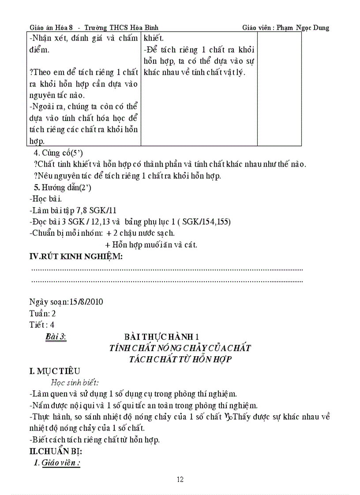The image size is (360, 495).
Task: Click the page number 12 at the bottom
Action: click(180, 480)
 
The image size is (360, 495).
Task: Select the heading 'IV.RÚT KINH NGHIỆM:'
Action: click(76, 257)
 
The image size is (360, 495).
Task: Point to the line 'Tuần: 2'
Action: click(42, 313)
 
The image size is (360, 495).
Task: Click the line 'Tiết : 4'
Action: click(43, 325)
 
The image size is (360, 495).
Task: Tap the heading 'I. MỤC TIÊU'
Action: click(55, 371)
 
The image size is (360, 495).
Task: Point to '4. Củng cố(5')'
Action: click(58, 153)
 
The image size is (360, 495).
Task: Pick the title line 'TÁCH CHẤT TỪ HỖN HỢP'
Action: click(180, 359)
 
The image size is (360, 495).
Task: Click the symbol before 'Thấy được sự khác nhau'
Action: click(228, 416)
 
